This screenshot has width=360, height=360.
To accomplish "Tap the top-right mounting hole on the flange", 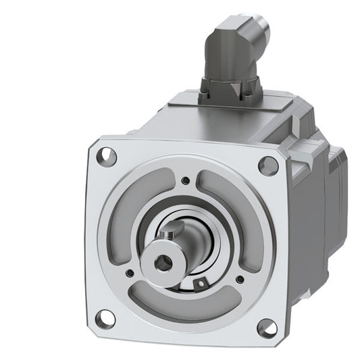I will (x=268, y=164).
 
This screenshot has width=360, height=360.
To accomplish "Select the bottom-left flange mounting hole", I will (x=105, y=316).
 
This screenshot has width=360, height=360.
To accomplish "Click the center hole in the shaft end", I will (x=160, y=261).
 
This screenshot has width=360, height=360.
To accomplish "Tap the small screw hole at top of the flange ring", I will (x=186, y=180).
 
